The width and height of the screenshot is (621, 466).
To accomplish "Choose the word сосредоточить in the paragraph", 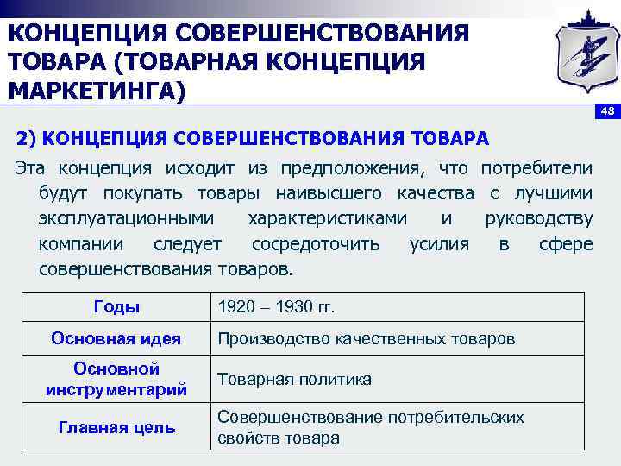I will point(315,243).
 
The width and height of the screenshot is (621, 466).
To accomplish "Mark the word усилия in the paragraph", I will point(440,243).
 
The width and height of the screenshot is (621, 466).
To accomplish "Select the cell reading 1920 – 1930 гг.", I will point(276,307).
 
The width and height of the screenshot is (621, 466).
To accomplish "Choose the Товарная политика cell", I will point(294,379).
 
